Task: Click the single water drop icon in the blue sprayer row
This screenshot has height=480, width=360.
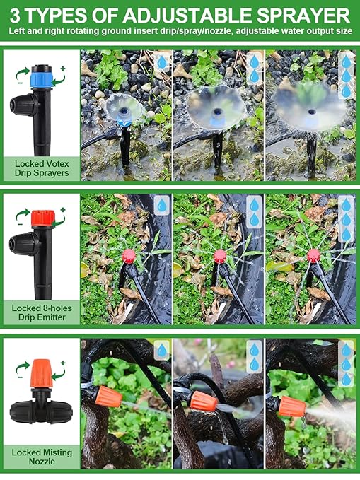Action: [162, 62]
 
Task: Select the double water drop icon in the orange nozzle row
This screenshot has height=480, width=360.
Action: [254, 358]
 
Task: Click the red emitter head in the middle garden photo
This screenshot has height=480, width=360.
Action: [219, 255]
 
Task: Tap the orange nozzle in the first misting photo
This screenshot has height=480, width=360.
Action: [108, 394]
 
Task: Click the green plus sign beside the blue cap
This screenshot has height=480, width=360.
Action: [62, 68]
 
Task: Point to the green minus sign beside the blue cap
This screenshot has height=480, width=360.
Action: [18, 81]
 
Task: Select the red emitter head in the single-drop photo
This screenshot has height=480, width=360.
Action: [129, 255]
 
